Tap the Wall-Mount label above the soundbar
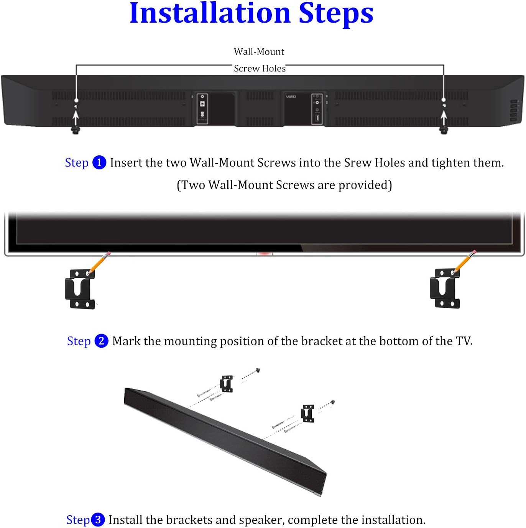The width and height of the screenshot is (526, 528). click(x=259, y=52)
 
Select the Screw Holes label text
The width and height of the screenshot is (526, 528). click(x=260, y=69)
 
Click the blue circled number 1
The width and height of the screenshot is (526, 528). click(x=99, y=162)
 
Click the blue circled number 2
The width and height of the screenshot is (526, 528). click(x=101, y=341)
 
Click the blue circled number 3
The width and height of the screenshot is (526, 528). click(x=98, y=520)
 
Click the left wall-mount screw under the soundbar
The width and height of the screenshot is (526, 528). click(x=76, y=130)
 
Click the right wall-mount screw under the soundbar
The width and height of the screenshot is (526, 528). click(x=444, y=130)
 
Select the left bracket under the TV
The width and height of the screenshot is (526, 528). click(x=80, y=289)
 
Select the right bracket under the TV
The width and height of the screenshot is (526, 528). click(x=445, y=289)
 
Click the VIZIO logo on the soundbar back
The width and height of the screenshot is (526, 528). click(x=291, y=97)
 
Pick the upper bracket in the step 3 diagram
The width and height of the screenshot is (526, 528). click(x=227, y=384)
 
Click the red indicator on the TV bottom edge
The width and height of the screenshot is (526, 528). click(x=264, y=253)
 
